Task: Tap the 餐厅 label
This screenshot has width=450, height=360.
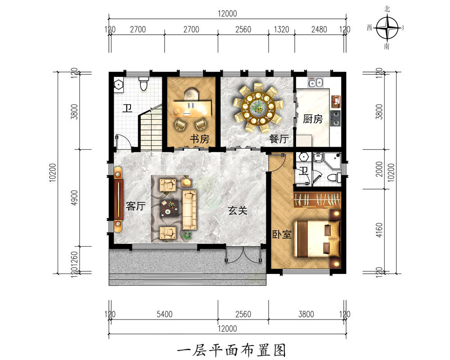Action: (279, 139)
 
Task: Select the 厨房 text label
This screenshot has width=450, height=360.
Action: (313, 119)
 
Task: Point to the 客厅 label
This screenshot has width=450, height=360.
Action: (135, 207)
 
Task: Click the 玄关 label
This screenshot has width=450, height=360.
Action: (238, 210)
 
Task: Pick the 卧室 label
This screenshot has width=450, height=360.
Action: (282, 234)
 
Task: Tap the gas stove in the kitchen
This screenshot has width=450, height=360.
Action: (335, 117)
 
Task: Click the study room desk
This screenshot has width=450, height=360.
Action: (191, 106)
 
